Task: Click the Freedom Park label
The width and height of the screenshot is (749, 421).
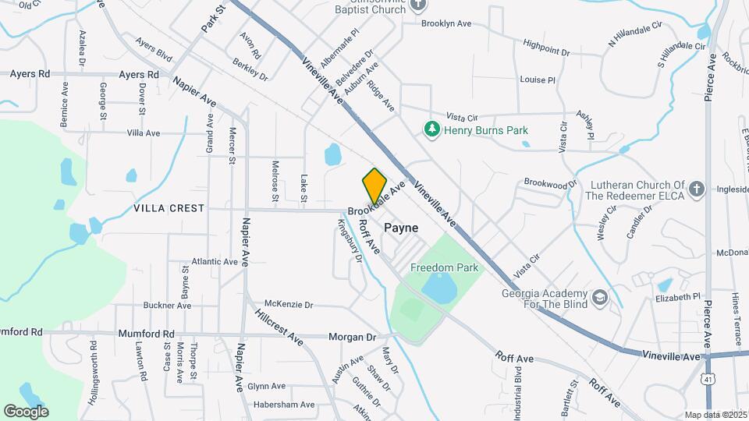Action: pos(444,267)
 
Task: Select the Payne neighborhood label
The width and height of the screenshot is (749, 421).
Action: pos(400,228)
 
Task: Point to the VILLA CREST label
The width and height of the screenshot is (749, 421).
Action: pos(169,208)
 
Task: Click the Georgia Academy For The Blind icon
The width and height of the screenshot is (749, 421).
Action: pos(599,297)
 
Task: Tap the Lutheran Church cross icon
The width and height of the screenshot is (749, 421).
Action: pos(697,189)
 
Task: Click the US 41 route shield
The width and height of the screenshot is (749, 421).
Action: pos(707,377)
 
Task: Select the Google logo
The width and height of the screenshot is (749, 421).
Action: pos(26,411)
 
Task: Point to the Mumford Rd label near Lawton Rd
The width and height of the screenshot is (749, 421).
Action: pos(146,334)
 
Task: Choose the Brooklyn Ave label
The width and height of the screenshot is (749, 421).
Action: pos(446,23)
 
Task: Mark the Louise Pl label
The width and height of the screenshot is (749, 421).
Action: pos(537,80)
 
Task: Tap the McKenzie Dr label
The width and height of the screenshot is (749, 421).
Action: pos(289,304)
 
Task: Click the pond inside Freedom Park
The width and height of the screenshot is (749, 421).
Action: pos(441,288)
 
